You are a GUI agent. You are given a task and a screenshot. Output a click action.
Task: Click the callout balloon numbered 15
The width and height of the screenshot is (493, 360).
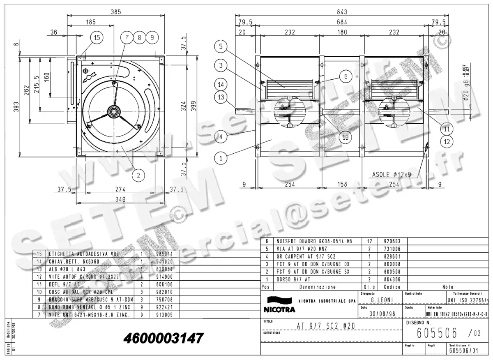97,38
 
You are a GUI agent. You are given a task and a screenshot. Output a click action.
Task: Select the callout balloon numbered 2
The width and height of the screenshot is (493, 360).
138,175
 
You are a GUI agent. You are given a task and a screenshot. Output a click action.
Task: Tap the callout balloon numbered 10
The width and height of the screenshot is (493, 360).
346,138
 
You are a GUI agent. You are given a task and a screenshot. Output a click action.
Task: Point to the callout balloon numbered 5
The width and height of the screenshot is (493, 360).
221,47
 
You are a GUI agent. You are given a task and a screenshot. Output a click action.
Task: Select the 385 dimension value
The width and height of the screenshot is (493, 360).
116,12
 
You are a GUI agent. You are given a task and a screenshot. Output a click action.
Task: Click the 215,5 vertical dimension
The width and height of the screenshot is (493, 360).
37,85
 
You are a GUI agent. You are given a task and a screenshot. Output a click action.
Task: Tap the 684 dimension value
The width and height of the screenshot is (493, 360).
342,22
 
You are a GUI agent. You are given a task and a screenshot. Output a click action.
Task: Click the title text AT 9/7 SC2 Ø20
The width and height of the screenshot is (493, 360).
326,326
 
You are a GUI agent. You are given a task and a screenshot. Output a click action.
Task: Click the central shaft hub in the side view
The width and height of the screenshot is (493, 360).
113,111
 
